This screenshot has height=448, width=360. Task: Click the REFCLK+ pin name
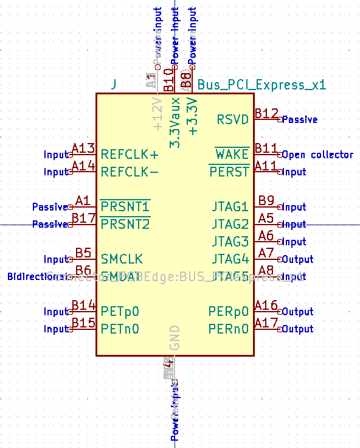tap(130, 154)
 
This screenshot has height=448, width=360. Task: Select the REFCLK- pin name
tap(130, 172)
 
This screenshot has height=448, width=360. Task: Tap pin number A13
tap(83, 149)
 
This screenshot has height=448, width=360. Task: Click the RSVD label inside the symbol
tap(233, 119)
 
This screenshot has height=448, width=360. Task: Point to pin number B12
tap(266, 114)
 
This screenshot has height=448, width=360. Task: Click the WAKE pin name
tap(232, 154)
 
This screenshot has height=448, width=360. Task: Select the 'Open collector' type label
tap(317, 155)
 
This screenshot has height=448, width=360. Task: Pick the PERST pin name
tap(229, 172)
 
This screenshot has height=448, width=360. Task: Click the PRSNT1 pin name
tap(125, 207)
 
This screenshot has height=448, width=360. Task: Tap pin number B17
tap(83, 219)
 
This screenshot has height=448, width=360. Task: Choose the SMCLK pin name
tap(121, 259)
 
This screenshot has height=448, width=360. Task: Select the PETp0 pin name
tap(120, 312)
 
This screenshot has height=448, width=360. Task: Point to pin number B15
tap(83, 323)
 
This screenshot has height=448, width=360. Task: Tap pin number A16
tap(266, 306)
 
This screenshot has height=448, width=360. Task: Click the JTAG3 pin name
tap(230, 242)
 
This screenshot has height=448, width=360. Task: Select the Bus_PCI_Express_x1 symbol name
tap(262, 85)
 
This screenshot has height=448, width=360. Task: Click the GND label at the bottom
tap(175, 338)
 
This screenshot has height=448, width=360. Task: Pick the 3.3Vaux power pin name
tap(175, 122)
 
